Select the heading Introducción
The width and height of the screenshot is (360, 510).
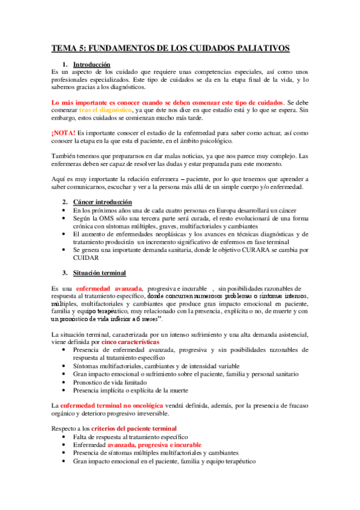pyautogui.click(x=91, y=64)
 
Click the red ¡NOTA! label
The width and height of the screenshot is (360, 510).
pyautogui.click(x=64, y=132)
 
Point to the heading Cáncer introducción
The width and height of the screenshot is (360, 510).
pyautogui.click(x=103, y=201)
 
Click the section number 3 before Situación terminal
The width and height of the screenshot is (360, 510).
pyautogui.click(x=65, y=272)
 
